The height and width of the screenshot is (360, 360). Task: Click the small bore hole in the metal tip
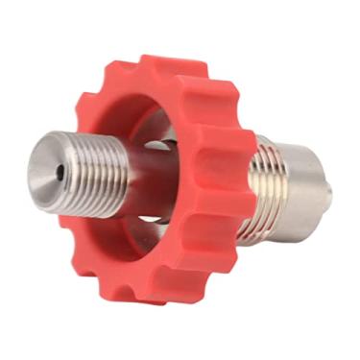60,172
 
